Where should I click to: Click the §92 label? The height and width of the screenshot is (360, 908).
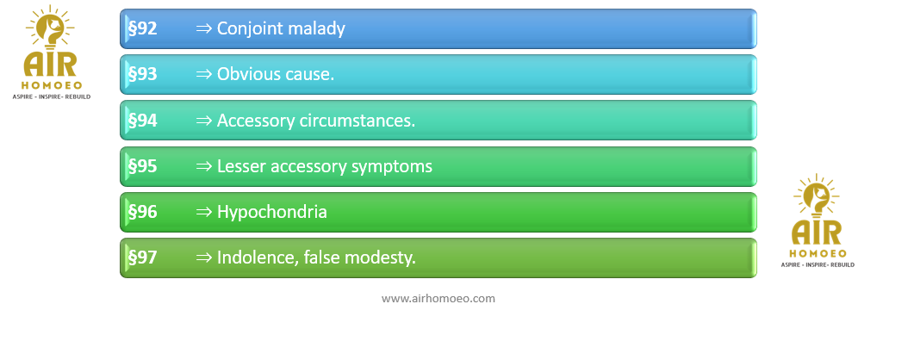[x=142, y=28]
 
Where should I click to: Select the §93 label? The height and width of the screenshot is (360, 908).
[x=142, y=74]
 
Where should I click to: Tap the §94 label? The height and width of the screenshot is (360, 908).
[x=142, y=121]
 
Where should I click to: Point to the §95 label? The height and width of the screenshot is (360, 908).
[x=142, y=166]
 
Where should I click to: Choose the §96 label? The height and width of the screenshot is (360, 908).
[x=142, y=212]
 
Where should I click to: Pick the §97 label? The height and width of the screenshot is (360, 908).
[x=142, y=258]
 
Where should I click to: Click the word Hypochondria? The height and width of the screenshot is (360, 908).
[x=272, y=213]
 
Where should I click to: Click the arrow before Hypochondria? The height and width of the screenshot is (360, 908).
[x=204, y=213]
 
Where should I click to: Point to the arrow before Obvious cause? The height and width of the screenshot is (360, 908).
[x=204, y=75]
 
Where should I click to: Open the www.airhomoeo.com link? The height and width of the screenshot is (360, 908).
[x=438, y=299]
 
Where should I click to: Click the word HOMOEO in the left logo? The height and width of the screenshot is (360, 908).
[x=52, y=84]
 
